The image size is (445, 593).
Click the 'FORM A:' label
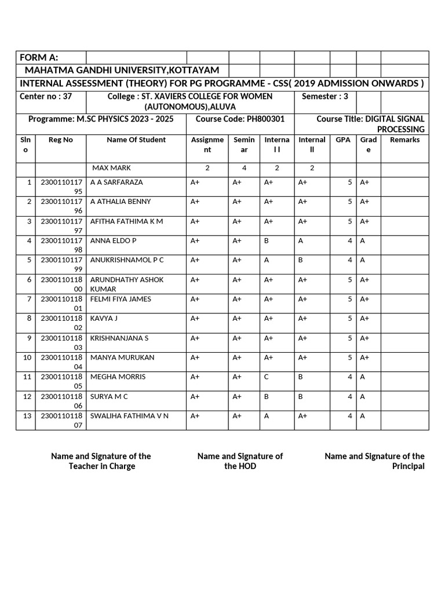point(39,57)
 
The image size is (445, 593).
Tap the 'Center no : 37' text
point(46,96)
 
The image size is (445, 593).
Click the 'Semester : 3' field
point(325,96)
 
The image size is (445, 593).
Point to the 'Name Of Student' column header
point(136,140)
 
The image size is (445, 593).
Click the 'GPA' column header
point(343,140)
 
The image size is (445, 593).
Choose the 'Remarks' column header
point(404,140)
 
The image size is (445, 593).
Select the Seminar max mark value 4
point(244,168)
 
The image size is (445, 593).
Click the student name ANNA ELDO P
point(114,240)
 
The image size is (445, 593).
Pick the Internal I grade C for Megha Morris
point(267,376)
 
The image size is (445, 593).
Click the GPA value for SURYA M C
point(350,396)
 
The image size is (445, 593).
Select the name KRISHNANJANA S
point(119,338)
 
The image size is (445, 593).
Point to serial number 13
point(27,416)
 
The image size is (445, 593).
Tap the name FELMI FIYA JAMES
point(121,299)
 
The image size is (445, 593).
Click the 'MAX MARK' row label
point(112,168)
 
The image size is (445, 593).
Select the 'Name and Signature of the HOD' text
point(240,461)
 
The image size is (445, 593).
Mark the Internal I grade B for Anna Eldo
point(267,240)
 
